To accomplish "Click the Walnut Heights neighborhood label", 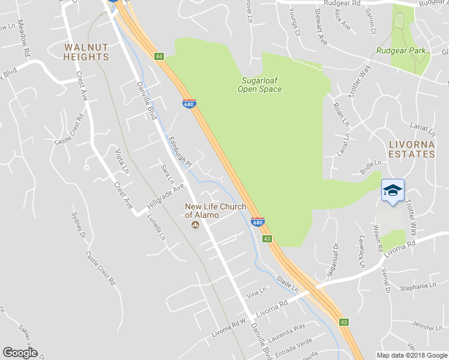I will pyautogui.click(x=86, y=52).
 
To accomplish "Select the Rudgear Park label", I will pyautogui.click(x=401, y=51).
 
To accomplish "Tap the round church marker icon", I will pyautogui.click(x=195, y=226).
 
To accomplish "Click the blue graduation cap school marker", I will pyautogui.click(x=393, y=191).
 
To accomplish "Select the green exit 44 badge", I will pyautogui.click(x=159, y=56).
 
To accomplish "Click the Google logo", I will pyautogui.click(x=20, y=352).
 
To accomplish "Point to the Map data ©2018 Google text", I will pyautogui.click(x=412, y=355).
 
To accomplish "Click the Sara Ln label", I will pyautogui.click(x=167, y=173).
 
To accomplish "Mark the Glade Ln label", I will pyautogui.click(x=288, y=284).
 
